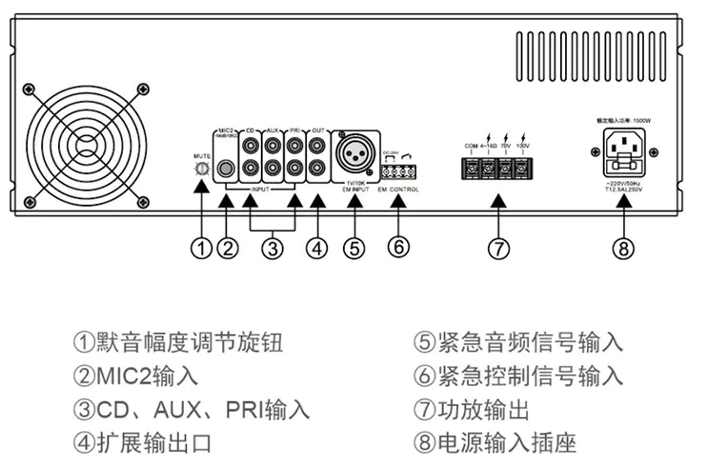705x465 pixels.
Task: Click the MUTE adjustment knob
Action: tap(201, 168)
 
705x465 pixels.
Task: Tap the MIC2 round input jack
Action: tap(227, 170)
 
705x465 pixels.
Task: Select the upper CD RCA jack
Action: tap(252, 147)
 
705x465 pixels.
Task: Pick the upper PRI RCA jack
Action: tap(295, 147)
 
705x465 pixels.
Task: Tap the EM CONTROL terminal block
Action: tap(399, 172)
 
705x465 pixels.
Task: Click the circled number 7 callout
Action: tap(496, 250)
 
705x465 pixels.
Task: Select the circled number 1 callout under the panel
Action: tap(201, 249)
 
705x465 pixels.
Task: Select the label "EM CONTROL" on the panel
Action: tap(398, 190)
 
